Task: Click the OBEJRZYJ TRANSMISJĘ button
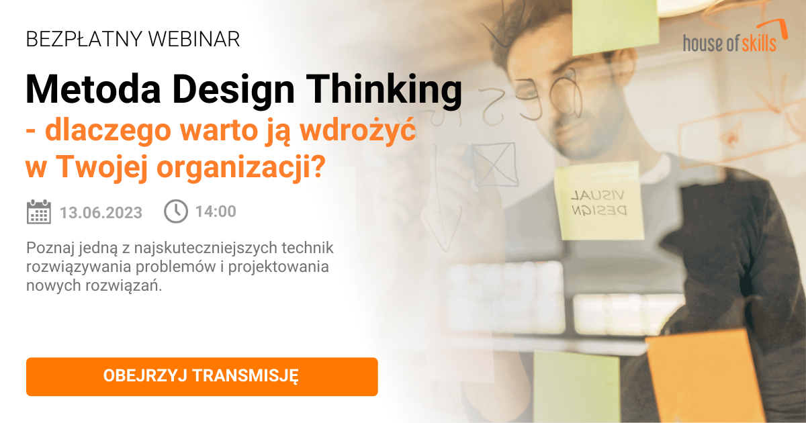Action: coord(201,376)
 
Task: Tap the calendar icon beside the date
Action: coord(39,211)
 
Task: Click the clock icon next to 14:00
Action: coord(176,211)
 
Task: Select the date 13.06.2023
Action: coord(101,212)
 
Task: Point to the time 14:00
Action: coord(216,211)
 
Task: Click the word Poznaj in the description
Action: coord(48,248)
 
